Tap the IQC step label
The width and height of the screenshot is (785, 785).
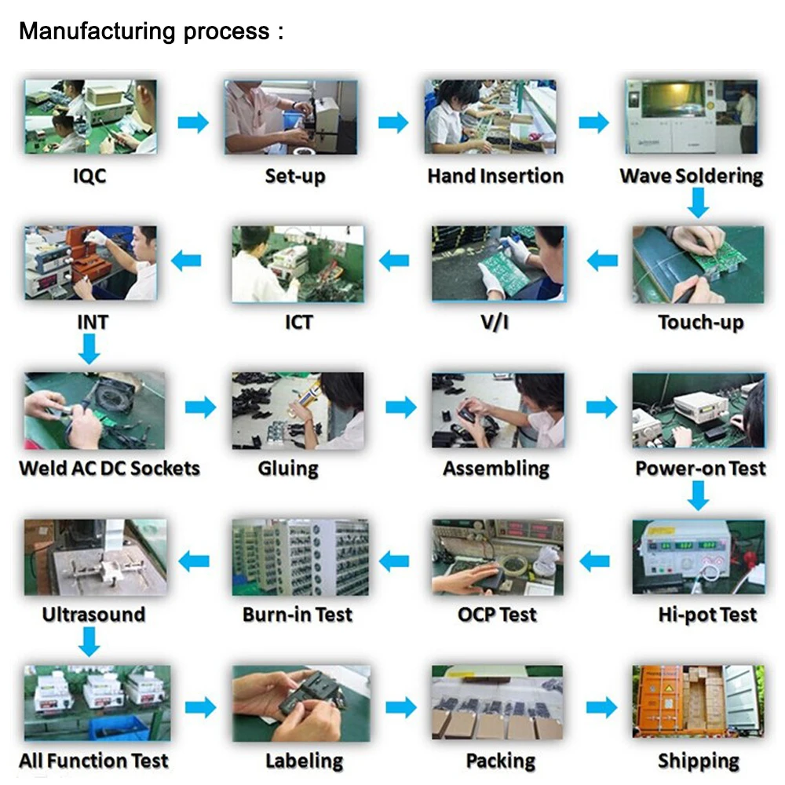89,175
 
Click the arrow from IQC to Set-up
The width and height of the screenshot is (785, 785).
193,122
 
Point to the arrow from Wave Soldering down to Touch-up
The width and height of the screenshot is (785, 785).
697,205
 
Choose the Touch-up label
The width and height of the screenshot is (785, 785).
700,322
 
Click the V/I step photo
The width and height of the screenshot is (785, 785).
498,264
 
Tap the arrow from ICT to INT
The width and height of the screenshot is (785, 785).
186,261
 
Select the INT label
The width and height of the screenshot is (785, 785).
93,322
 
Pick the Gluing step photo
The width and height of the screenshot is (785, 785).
298,411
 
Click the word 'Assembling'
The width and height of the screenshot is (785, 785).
496,469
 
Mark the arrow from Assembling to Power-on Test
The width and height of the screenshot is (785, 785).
601,407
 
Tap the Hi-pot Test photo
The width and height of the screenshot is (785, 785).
698,557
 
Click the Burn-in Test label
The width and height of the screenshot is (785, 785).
298,614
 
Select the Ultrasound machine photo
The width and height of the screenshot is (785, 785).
95,557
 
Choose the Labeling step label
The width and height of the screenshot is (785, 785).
304,760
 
